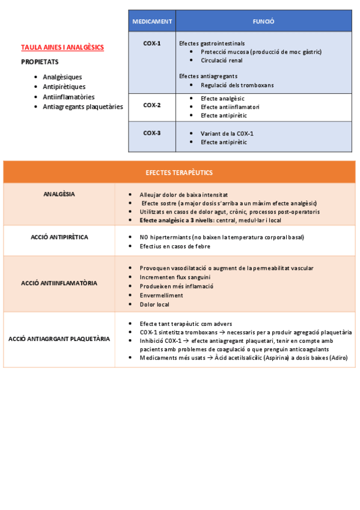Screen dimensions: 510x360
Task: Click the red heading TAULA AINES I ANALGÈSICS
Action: (63, 47)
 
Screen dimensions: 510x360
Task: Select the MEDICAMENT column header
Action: (152, 21)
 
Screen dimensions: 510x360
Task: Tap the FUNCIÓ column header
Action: (264, 21)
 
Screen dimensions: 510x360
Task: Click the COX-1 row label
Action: (152, 43)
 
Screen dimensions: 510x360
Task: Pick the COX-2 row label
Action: (152, 105)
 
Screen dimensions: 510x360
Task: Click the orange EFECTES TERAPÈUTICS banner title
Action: (179, 172)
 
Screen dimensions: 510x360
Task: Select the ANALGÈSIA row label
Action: (59, 194)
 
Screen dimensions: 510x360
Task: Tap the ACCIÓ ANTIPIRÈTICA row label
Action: (59, 237)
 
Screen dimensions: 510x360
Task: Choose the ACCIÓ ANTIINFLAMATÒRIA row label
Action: (59, 282)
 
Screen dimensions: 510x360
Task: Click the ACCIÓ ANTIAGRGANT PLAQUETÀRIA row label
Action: (59, 339)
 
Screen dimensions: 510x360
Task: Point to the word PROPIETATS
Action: (40, 61)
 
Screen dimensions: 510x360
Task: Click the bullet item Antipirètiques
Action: (64, 87)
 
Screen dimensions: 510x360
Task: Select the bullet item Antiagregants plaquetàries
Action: (83, 106)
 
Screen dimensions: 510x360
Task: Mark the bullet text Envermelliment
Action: (160, 296)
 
